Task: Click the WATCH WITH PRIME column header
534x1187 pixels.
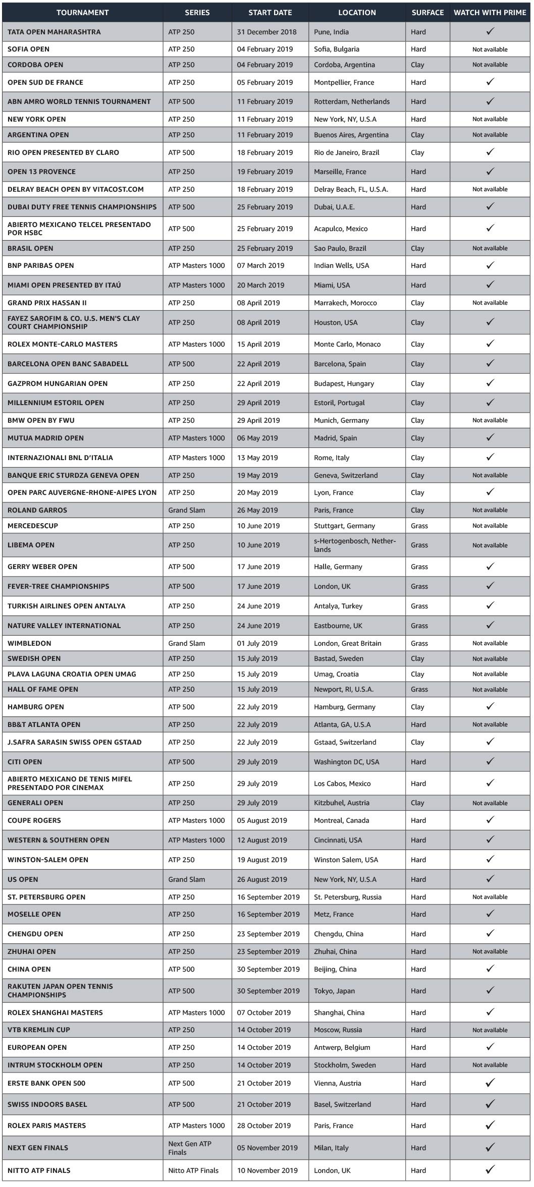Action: [x=490, y=13]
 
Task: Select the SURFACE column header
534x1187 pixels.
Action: [x=428, y=13]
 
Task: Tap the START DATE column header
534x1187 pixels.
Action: [x=270, y=13]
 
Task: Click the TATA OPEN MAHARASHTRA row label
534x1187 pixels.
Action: [x=54, y=32]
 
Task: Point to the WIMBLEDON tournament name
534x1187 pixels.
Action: [x=29, y=643]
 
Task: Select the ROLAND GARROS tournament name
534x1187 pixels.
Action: [x=37, y=510]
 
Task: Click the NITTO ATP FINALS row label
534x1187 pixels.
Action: [x=39, y=1170]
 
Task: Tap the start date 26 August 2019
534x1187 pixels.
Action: [x=262, y=879]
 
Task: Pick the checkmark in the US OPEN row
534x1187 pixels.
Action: [x=490, y=879]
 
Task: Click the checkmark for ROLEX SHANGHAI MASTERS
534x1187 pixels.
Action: [x=490, y=1012]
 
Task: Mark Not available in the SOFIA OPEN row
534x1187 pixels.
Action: [x=490, y=49]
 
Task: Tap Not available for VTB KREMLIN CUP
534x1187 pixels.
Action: [x=490, y=1030]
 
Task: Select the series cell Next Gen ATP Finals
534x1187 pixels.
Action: [x=190, y=1148]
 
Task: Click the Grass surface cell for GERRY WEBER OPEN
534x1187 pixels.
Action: [x=419, y=567]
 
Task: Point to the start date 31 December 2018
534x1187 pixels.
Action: [x=267, y=32]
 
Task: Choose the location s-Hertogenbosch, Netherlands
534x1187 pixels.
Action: [x=355, y=545]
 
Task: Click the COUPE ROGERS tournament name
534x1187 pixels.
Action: [x=34, y=820]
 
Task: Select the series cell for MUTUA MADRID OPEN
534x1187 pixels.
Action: [x=196, y=438]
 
